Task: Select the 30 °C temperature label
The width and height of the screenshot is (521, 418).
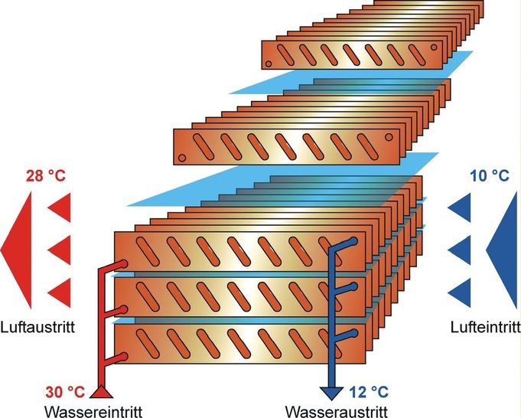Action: point(64,393)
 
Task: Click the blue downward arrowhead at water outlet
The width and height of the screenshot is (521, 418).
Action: point(332,394)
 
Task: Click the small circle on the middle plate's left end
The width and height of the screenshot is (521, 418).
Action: point(182,157)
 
